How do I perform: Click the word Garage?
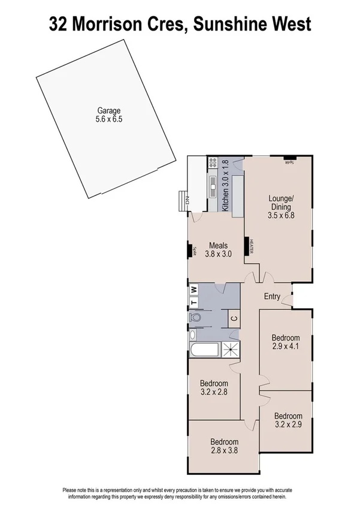pos(109,110)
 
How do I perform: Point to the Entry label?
pos(272,296)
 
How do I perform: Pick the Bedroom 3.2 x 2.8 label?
pos(214,388)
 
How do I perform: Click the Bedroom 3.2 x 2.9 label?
pos(288,420)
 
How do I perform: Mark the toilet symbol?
pos(195,317)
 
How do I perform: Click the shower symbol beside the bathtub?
pos(229,350)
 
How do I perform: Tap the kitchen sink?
pos(213,186)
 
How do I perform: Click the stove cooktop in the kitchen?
pos(213,162)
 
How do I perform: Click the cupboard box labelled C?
pos(234,318)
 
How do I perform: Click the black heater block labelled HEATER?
pos(246,246)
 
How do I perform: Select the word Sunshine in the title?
pos(238,24)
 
